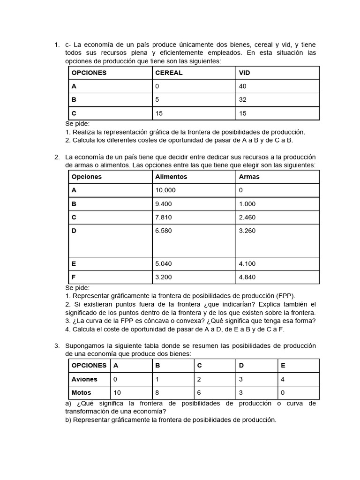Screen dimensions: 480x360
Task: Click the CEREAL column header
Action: (x=169, y=73)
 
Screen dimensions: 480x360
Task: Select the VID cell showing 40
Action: (x=242, y=86)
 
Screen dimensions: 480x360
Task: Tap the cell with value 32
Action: (x=242, y=100)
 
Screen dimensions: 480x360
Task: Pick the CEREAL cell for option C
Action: (x=159, y=113)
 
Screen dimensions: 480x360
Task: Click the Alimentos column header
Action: (x=171, y=177)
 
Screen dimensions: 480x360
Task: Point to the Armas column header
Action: (x=249, y=177)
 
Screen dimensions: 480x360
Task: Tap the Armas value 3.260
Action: (x=247, y=231)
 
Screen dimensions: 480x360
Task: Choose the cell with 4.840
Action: (x=247, y=277)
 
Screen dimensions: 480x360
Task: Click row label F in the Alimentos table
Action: (x=74, y=277)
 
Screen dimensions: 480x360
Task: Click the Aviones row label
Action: (x=84, y=379)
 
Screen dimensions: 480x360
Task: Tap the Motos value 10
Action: (x=117, y=392)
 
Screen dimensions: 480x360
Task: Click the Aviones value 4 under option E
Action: (x=282, y=379)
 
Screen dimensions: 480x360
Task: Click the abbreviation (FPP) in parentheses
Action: (x=285, y=296)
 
